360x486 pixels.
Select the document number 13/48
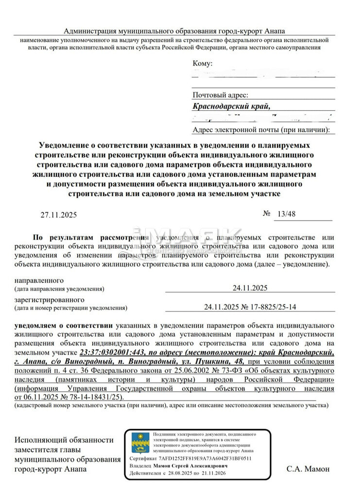pos(283,214)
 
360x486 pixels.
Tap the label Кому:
pos(203,64)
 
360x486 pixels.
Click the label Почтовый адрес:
pos(221,95)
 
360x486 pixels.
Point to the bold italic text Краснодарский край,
pos(230,106)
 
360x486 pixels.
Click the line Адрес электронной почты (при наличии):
pos(261,130)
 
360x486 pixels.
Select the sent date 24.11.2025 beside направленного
pos(250,288)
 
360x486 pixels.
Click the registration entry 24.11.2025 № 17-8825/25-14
pos(250,307)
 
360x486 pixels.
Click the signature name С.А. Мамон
pos(308,469)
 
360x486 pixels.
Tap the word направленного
pos(39,281)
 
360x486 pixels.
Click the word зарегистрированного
pos(50,300)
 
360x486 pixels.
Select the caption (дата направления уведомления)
pos(59,289)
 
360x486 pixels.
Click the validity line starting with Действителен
pos(193,472)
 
